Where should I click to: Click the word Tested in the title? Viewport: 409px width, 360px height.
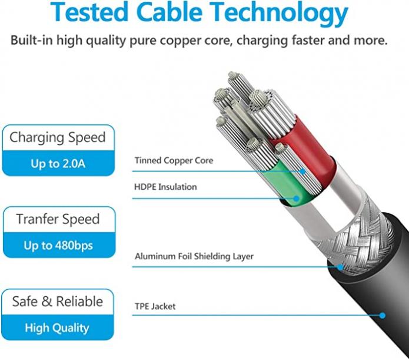[x=89, y=12]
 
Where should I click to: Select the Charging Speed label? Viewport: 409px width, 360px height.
[x=58, y=138]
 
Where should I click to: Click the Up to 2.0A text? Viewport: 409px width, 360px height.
[x=58, y=164]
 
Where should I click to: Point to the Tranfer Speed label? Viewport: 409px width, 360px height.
[x=58, y=219]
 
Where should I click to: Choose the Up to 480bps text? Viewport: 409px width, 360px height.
[x=58, y=246]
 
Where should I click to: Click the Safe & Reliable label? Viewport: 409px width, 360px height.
[x=58, y=301]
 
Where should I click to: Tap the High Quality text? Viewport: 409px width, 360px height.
[x=57, y=328]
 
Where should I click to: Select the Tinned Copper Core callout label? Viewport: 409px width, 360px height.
[x=174, y=160]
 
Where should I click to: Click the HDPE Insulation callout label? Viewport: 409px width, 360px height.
[x=165, y=187]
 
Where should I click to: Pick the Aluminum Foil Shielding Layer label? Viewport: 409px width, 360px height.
[x=194, y=256]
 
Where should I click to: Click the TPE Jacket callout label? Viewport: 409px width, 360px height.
[x=155, y=306]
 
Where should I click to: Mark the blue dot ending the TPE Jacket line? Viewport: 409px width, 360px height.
[x=383, y=316]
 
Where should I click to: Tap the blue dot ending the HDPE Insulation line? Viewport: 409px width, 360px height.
[x=296, y=199]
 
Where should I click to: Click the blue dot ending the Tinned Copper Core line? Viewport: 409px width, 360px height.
[x=302, y=171]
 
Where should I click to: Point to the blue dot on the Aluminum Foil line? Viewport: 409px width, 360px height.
[x=340, y=267]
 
